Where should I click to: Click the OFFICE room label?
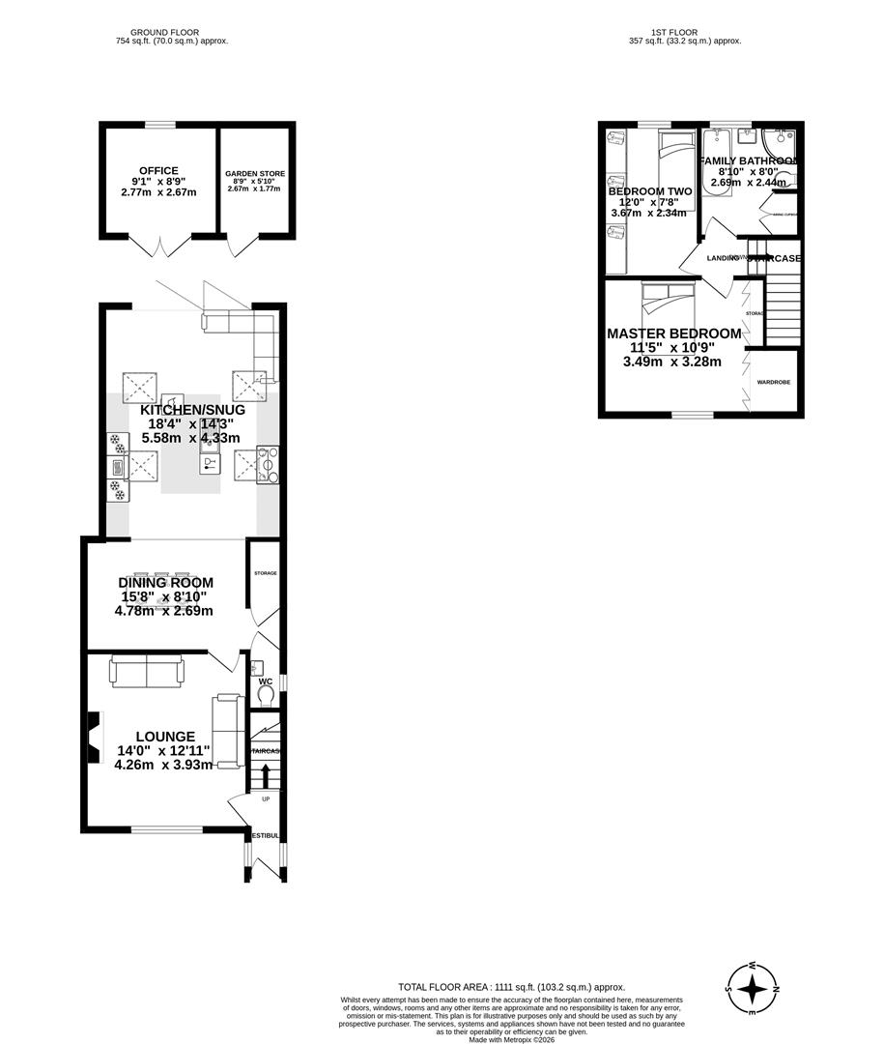(x=158, y=171)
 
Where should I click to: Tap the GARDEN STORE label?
(x=255, y=174)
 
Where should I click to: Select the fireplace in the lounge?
(x=94, y=738)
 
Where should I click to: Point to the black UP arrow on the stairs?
(x=266, y=775)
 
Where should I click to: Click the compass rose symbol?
(x=752, y=988)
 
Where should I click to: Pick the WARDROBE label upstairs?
(x=773, y=383)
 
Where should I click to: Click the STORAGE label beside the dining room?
(x=266, y=573)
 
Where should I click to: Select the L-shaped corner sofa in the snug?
(x=247, y=333)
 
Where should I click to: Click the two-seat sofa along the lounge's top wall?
(x=145, y=670)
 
